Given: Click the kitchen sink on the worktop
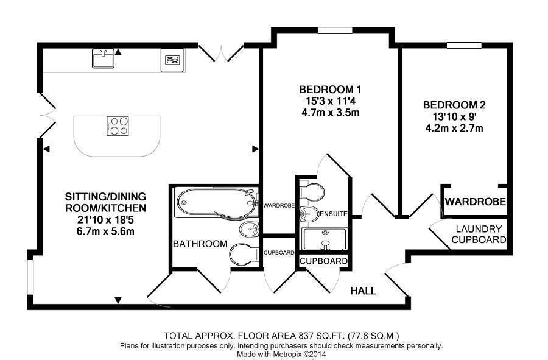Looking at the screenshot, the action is pyautogui.click(x=103, y=58).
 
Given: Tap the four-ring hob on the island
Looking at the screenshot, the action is pyautogui.click(x=118, y=126).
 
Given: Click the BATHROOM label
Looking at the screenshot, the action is pyautogui.click(x=200, y=244).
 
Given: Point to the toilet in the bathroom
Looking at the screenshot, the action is pyautogui.click(x=244, y=255).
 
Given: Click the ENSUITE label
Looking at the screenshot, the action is pyautogui.click(x=334, y=214).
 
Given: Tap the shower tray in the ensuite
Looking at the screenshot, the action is pyautogui.click(x=325, y=239).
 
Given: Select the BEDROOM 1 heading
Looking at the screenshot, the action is pyautogui.click(x=330, y=90).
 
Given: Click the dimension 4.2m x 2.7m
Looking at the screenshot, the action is pyautogui.click(x=454, y=129).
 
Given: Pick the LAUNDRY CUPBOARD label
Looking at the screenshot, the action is pyautogui.click(x=479, y=234).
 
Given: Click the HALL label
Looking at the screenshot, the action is pyautogui.click(x=364, y=291).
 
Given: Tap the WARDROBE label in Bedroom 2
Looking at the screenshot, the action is pyautogui.click(x=476, y=202).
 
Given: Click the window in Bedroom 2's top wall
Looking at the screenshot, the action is pyautogui.click(x=464, y=46).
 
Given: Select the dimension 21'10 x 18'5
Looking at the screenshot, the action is pyautogui.click(x=105, y=219).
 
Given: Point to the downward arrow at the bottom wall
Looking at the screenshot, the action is pyautogui.click(x=119, y=300).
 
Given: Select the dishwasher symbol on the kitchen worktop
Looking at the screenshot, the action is pyautogui.click(x=172, y=60).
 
